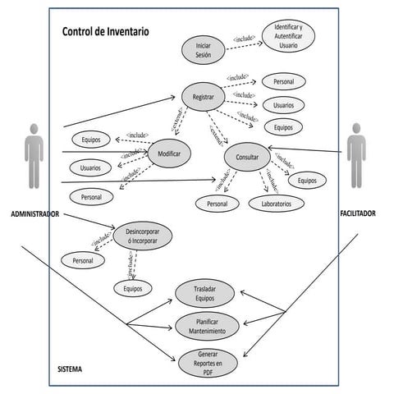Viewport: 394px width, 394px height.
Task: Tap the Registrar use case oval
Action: click(x=203, y=97)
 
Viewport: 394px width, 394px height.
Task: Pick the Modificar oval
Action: click(x=169, y=152)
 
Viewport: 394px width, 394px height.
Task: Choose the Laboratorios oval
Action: click(x=277, y=203)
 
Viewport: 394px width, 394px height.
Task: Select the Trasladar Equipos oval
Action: click(x=204, y=295)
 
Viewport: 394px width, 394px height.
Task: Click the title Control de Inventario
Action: click(x=106, y=33)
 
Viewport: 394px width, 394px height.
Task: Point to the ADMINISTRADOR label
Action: click(x=34, y=214)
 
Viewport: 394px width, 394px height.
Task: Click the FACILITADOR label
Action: click(x=357, y=213)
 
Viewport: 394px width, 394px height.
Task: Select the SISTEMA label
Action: click(x=70, y=369)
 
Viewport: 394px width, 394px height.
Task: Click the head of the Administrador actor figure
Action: click(x=34, y=129)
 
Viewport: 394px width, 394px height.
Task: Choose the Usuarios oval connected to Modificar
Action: click(x=91, y=167)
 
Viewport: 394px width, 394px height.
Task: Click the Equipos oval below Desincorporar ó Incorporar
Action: click(x=133, y=288)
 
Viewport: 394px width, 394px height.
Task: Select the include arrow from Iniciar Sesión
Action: click(x=244, y=41)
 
